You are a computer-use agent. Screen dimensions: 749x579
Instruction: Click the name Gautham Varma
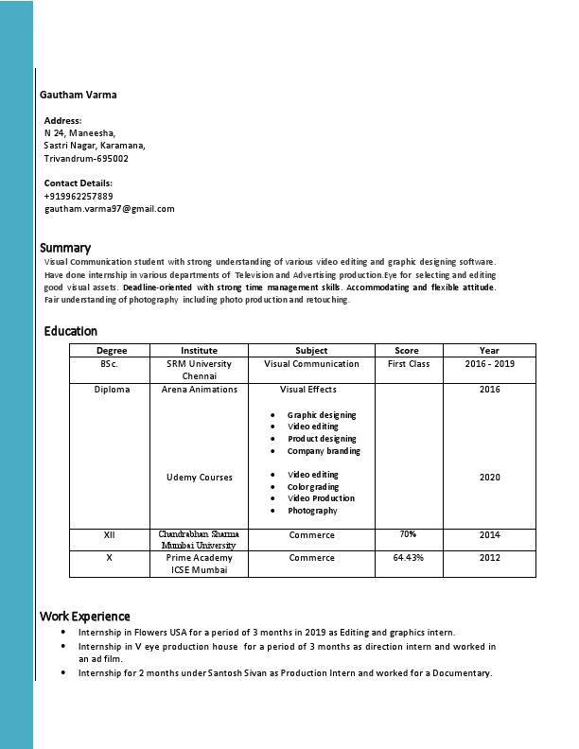79,95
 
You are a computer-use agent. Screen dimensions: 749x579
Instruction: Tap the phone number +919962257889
79,196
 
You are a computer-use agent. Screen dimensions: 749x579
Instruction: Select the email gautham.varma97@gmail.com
110,208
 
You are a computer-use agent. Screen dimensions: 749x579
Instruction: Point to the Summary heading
65,248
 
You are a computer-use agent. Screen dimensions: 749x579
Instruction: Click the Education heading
70,331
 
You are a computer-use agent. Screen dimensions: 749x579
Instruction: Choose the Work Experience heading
85,616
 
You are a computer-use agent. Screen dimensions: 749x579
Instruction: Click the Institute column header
199,351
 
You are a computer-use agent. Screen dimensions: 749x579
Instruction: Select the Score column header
407,351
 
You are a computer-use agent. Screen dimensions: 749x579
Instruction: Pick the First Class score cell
409,364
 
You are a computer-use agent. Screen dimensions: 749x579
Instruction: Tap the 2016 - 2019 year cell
489,364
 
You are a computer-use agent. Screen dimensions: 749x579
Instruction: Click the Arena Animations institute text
200,390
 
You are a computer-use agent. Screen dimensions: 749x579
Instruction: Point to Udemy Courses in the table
200,478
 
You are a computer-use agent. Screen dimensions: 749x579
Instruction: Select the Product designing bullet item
322,439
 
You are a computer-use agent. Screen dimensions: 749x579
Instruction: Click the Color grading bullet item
313,487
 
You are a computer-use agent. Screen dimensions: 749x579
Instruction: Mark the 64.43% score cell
409,558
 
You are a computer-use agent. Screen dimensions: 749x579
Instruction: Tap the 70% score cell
408,534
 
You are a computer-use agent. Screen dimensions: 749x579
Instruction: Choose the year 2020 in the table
489,478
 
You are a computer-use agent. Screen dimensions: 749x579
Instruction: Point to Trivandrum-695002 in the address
86,158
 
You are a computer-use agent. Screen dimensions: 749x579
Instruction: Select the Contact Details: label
79,183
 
